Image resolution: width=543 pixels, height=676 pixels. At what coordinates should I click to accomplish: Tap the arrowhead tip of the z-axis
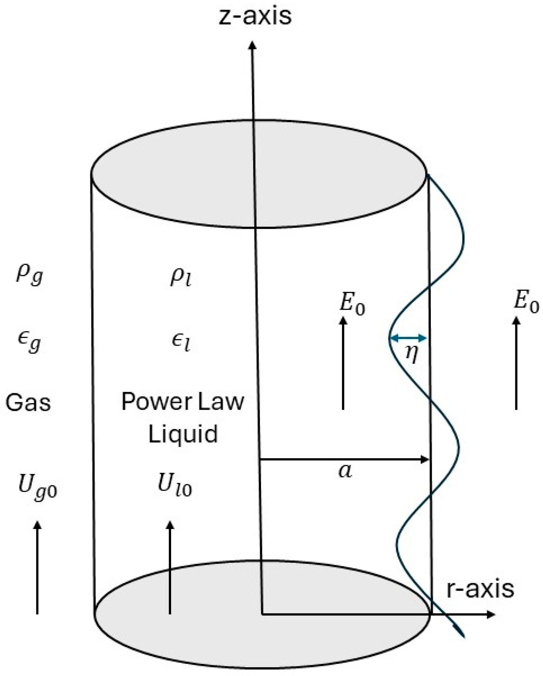click(x=252, y=41)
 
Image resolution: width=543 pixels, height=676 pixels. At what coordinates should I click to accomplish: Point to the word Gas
click(x=28, y=402)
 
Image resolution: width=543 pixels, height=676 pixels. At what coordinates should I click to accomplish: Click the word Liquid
click(x=183, y=434)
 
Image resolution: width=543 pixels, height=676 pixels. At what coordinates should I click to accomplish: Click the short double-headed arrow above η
click(x=408, y=337)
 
